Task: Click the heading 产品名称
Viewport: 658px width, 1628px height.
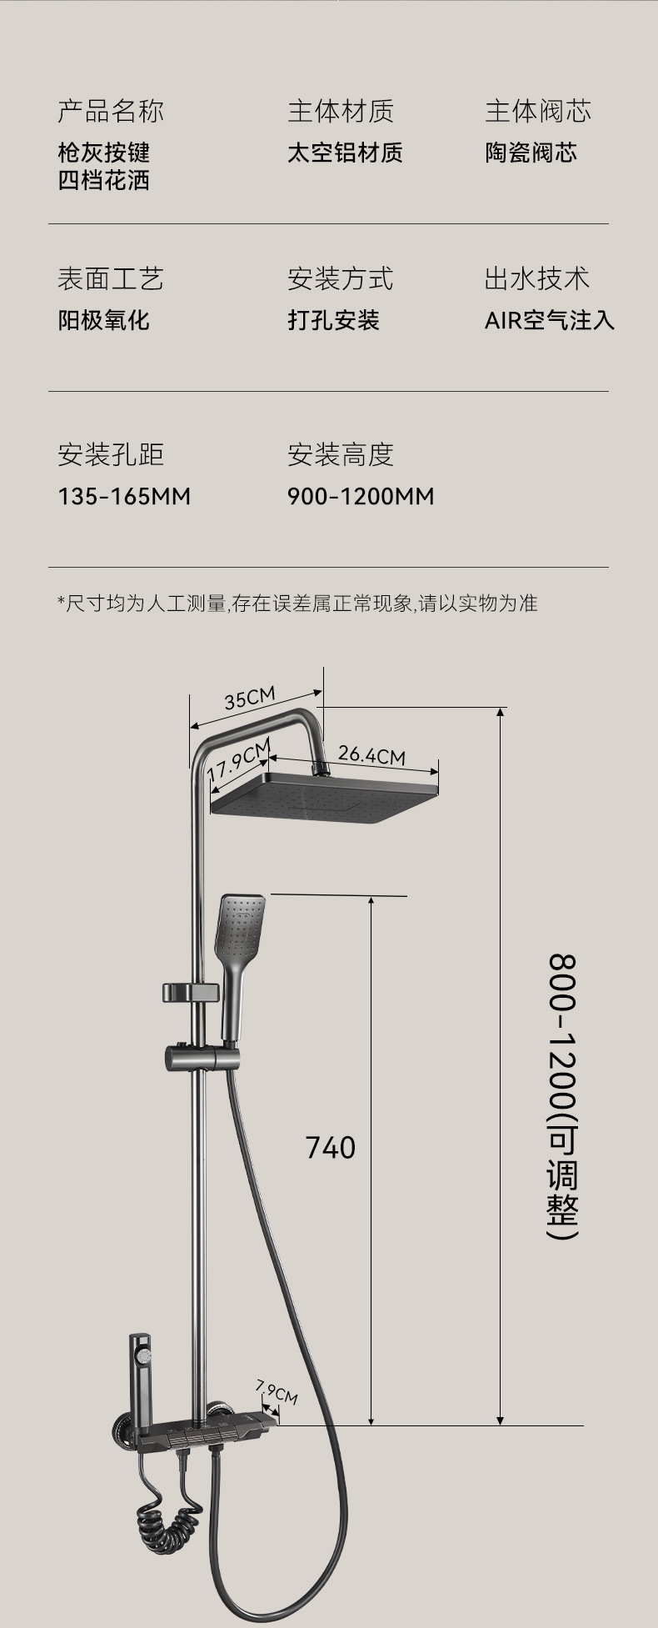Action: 111,110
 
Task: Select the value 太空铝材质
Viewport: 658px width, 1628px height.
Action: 345,153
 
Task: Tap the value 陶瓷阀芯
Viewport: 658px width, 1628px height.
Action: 531,153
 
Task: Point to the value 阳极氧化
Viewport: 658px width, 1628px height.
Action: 103,320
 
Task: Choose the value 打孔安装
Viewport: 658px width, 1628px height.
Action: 333,320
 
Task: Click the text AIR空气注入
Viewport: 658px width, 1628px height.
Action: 549,320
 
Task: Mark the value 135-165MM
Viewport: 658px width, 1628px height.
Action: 124,497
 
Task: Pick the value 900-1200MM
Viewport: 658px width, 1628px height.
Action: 361,497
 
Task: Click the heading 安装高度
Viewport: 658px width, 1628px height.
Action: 340,454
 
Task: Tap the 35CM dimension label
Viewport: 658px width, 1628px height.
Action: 249,697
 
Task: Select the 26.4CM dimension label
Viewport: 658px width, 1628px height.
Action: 371,755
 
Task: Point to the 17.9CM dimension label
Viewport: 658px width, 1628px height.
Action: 238,760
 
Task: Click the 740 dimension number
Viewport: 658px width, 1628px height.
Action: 331,1148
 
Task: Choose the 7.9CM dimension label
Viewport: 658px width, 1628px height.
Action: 277,1390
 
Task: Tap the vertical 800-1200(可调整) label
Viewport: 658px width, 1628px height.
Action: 563,1096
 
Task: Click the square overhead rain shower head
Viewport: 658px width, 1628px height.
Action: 326,797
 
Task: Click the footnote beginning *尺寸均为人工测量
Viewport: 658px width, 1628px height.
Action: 297,603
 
